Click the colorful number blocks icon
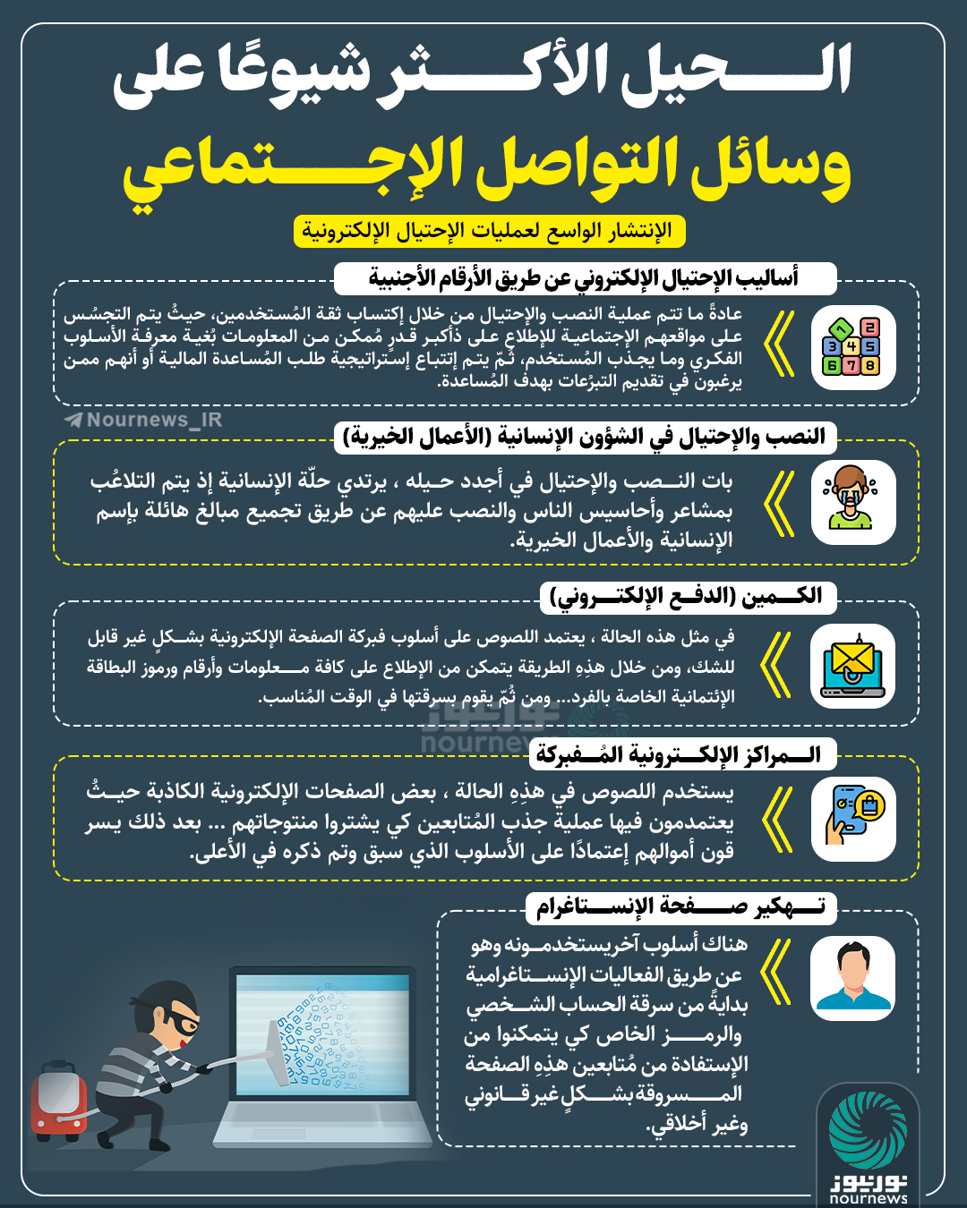[852, 346]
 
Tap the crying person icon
[852, 501]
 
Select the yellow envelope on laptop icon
[852, 666]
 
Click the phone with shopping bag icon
[852, 818]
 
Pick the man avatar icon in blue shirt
[852, 977]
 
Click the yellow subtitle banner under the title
[489, 231]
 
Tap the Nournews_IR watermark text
[143, 420]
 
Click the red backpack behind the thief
[57, 1100]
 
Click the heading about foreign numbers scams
[584, 278]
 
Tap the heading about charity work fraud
[584, 437]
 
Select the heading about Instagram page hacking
[680, 907]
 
